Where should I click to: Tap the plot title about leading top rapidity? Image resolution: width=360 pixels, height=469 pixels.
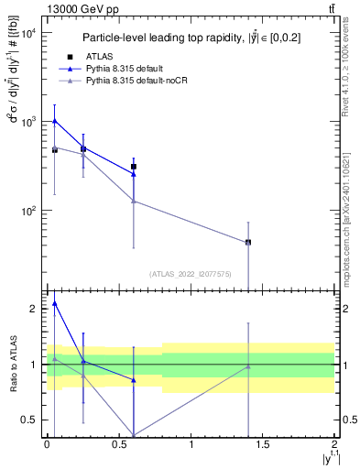[x=190, y=38]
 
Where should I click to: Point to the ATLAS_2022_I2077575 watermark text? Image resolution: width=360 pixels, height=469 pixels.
[x=190, y=273]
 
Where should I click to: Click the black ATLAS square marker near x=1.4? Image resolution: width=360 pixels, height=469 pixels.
[x=248, y=242]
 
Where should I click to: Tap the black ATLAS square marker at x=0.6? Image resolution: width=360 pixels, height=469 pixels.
[x=134, y=167]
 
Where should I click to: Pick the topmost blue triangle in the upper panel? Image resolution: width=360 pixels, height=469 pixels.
[x=55, y=120]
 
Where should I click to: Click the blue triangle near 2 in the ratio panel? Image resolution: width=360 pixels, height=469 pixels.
[x=55, y=303]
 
